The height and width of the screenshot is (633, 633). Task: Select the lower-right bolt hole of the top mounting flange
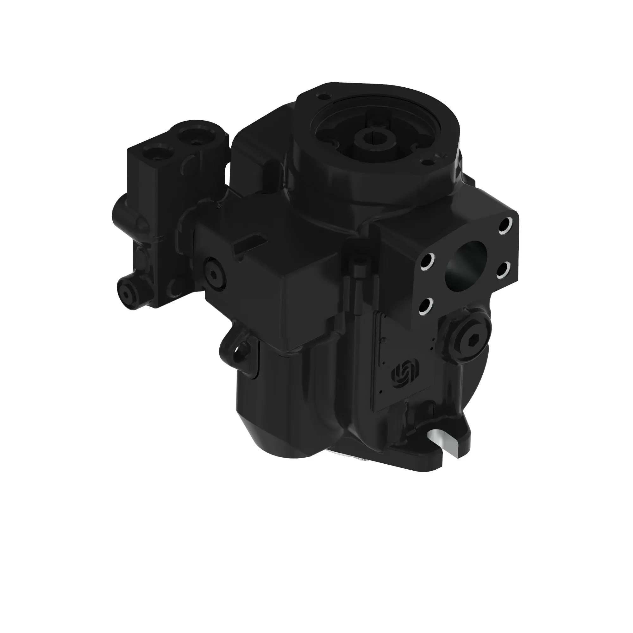click(426, 161)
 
